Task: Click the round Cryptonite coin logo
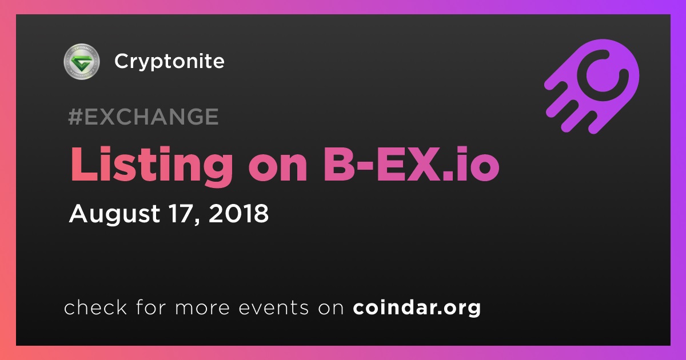(x=82, y=61)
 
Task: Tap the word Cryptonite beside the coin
(x=169, y=62)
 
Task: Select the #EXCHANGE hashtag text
(x=143, y=117)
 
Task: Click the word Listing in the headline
(x=151, y=165)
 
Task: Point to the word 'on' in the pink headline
(x=277, y=169)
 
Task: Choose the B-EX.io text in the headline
(x=411, y=165)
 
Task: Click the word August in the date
(x=115, y=214)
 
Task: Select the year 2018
(x=238, y=213)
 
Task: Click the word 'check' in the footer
(x=95, y=307)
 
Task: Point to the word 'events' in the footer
(x=273, y=307)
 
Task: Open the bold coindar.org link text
(x=417, y=308)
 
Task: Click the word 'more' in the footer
(x=202, y=308)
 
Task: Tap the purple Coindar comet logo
(x=592, y=87)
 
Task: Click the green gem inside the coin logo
(x=81, y=62)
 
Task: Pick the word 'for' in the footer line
(x=151, y=307)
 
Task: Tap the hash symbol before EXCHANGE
(x=75, y=117)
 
